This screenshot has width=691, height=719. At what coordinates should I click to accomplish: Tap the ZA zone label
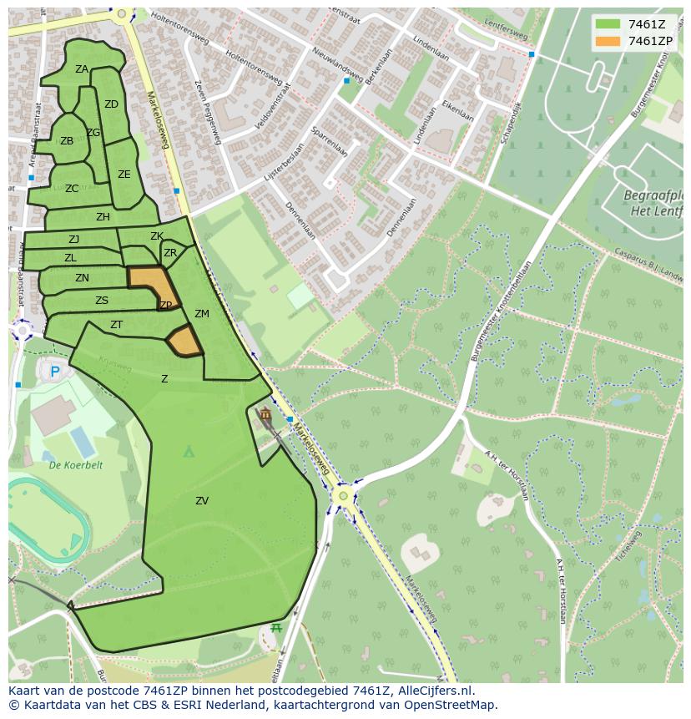pyautogui.click(x=82, y=69)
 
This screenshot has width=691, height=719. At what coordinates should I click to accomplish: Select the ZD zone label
pyautogui.click(x=111, y=104)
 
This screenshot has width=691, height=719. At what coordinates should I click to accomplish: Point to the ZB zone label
pyautogui.click(x=67, y=141)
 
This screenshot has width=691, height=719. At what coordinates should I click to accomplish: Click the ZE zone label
pyautogui.click(x=124, y=175)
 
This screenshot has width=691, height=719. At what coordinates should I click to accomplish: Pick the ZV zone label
pyautogui.click(x=202, y=501)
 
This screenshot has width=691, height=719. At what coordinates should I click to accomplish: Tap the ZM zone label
pyautogui.click(x=202, y=314)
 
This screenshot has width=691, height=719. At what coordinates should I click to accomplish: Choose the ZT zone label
pyautogui.click(x=117, y=325)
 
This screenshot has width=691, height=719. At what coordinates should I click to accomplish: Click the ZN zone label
pyautogui.click(x=82, y=278)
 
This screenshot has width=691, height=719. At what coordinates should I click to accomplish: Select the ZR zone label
pyautogui.click(x=170, y=253)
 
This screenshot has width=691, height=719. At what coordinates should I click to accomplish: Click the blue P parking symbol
pyautogui.click(x=55, y=372)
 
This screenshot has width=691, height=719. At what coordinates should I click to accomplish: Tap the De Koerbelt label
pyautogui.click(x=75, y=465)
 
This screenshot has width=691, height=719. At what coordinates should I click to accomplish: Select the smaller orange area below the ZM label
pyautogui.click(x=185, y=342)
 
